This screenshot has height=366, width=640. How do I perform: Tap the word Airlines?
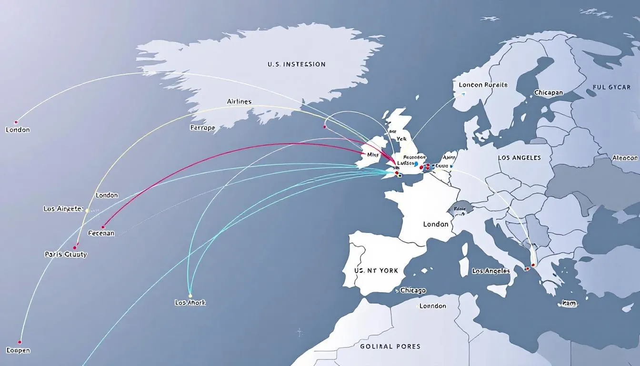pos(240,102)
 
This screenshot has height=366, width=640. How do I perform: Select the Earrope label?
pos(202,128)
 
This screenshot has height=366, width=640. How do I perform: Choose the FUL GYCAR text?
pos(612,87)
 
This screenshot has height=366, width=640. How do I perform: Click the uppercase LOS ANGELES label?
pos(519,158)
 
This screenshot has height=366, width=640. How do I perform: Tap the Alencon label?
pos(625,158)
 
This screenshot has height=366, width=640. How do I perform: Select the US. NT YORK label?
pos(376,270)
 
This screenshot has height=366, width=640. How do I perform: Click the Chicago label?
pos(413,290)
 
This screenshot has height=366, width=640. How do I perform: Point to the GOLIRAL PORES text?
pos(390,346)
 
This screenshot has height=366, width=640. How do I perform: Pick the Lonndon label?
pos(432,306)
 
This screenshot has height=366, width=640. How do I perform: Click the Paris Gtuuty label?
pos(65,254)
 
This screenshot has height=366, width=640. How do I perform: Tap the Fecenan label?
pos(101,234)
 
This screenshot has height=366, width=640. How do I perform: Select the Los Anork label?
pos(190,303)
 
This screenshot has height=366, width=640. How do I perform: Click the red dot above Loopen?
pos(20,342)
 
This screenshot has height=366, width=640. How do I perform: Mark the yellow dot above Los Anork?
pos(190,295)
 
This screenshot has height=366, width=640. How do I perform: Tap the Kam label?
pos(569,303)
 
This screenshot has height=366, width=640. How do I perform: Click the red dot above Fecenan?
pos(103,227)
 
